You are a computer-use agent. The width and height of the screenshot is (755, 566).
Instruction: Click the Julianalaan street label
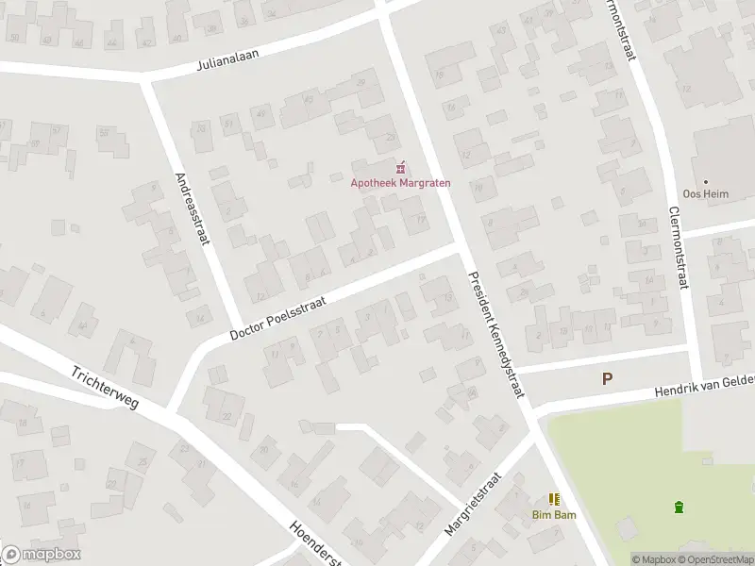pos(241,56)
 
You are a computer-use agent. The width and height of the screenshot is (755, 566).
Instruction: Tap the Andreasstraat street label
pos(191,208)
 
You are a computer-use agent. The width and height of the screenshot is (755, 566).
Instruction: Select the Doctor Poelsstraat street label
pos(280,315)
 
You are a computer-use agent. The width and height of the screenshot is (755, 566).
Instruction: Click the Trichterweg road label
pos(105,387)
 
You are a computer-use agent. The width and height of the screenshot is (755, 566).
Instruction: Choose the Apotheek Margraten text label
pos(400,182)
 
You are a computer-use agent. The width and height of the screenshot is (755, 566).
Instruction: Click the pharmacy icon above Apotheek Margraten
pos(400,167)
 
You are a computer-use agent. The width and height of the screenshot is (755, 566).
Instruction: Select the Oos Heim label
pos(704,195)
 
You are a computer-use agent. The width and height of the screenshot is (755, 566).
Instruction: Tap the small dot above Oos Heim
pos(704,182)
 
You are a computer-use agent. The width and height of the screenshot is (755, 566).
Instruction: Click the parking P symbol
pos(608,378)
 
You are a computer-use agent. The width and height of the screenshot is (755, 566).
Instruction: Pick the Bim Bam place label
pos(553,515)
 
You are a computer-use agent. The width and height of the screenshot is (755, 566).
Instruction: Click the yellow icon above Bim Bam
pos(554,499)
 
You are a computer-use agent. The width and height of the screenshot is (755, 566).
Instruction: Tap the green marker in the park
pos(679,508)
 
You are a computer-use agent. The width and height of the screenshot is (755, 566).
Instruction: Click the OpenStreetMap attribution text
pos(716,559)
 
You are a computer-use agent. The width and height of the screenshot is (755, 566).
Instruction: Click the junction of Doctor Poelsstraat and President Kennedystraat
pos(457,248)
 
